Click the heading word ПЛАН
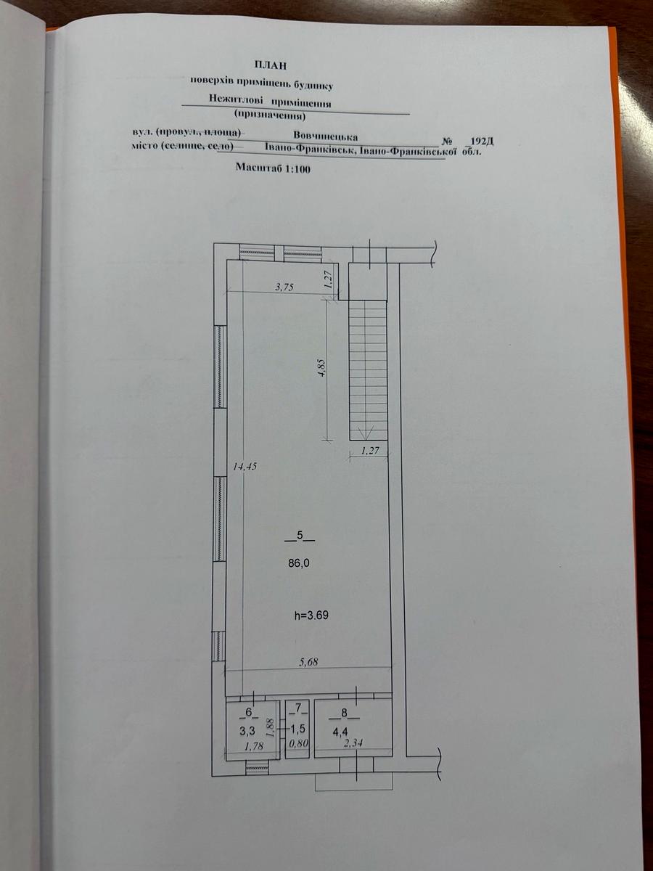(271, 65)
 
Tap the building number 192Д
(481, 142)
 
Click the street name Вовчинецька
(326, 136)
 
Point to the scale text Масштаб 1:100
(273, 168)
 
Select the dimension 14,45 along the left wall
(245, 467)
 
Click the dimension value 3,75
(284, 287)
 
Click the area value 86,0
(300, 564)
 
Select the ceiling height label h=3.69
(311, 616)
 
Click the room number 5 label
(300, 535)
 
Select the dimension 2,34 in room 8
(353, 743)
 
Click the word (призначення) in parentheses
(270, 116)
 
